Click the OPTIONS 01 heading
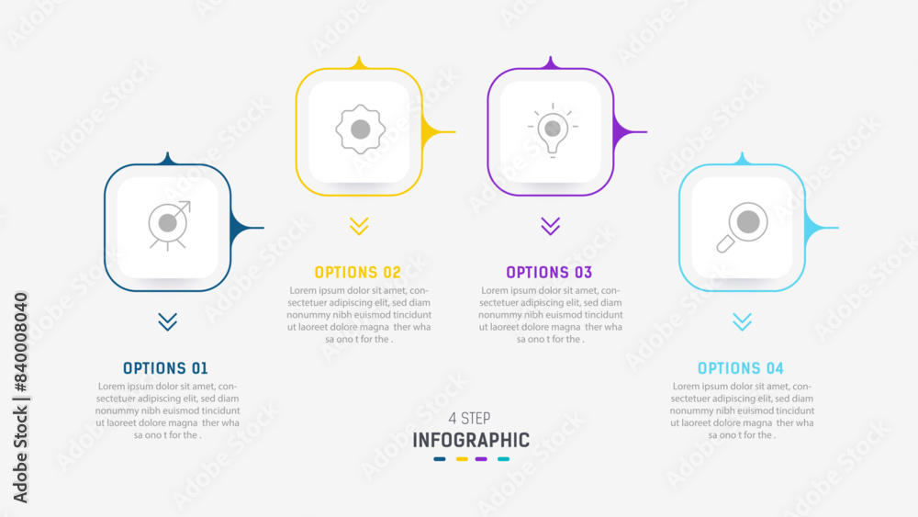(x=165, y=368)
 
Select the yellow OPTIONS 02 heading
(x=358, y=272)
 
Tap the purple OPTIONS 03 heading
(x=549, y=272)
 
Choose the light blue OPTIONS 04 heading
(x=741, y=368)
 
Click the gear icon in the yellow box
(x=359, y=129)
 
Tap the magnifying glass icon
(x=743, y=227)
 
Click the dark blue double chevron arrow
(x=167, y=321)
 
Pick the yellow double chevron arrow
(x=359, y=226)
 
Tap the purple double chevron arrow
(x=550, y=226)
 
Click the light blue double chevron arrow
(x=742, y=321)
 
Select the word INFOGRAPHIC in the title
(x=471, y=440)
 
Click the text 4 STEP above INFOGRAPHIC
(x=471, y=419)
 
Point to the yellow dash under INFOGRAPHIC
(x=462, y=459)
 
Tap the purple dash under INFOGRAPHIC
(x=481, y=459)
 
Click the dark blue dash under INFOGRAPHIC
(x=441, y=459)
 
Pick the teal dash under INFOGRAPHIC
(x=503, y=459)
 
